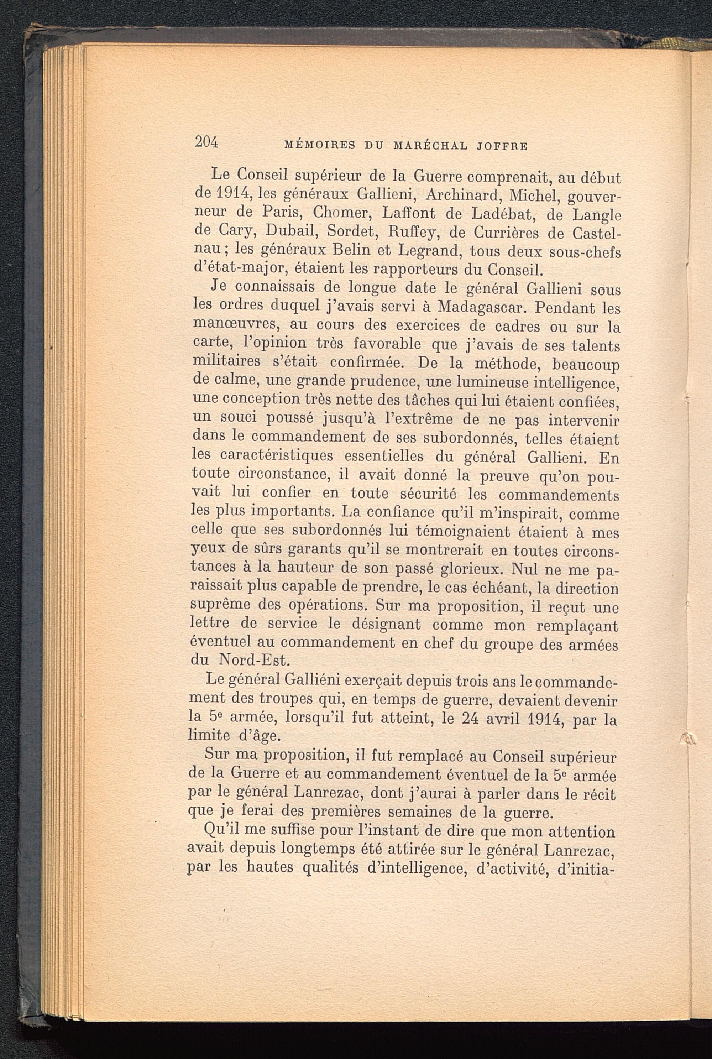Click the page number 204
pos(206,142)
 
